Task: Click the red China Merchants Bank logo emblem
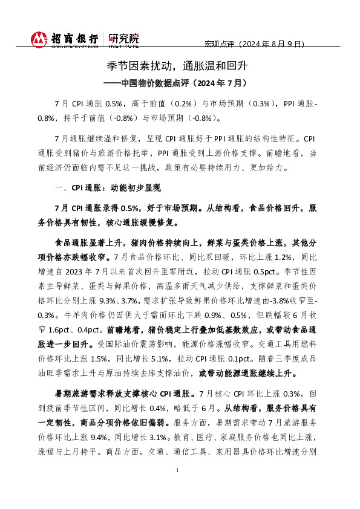(x=39, y=39)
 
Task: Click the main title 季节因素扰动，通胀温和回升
(x=179, y=65)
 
